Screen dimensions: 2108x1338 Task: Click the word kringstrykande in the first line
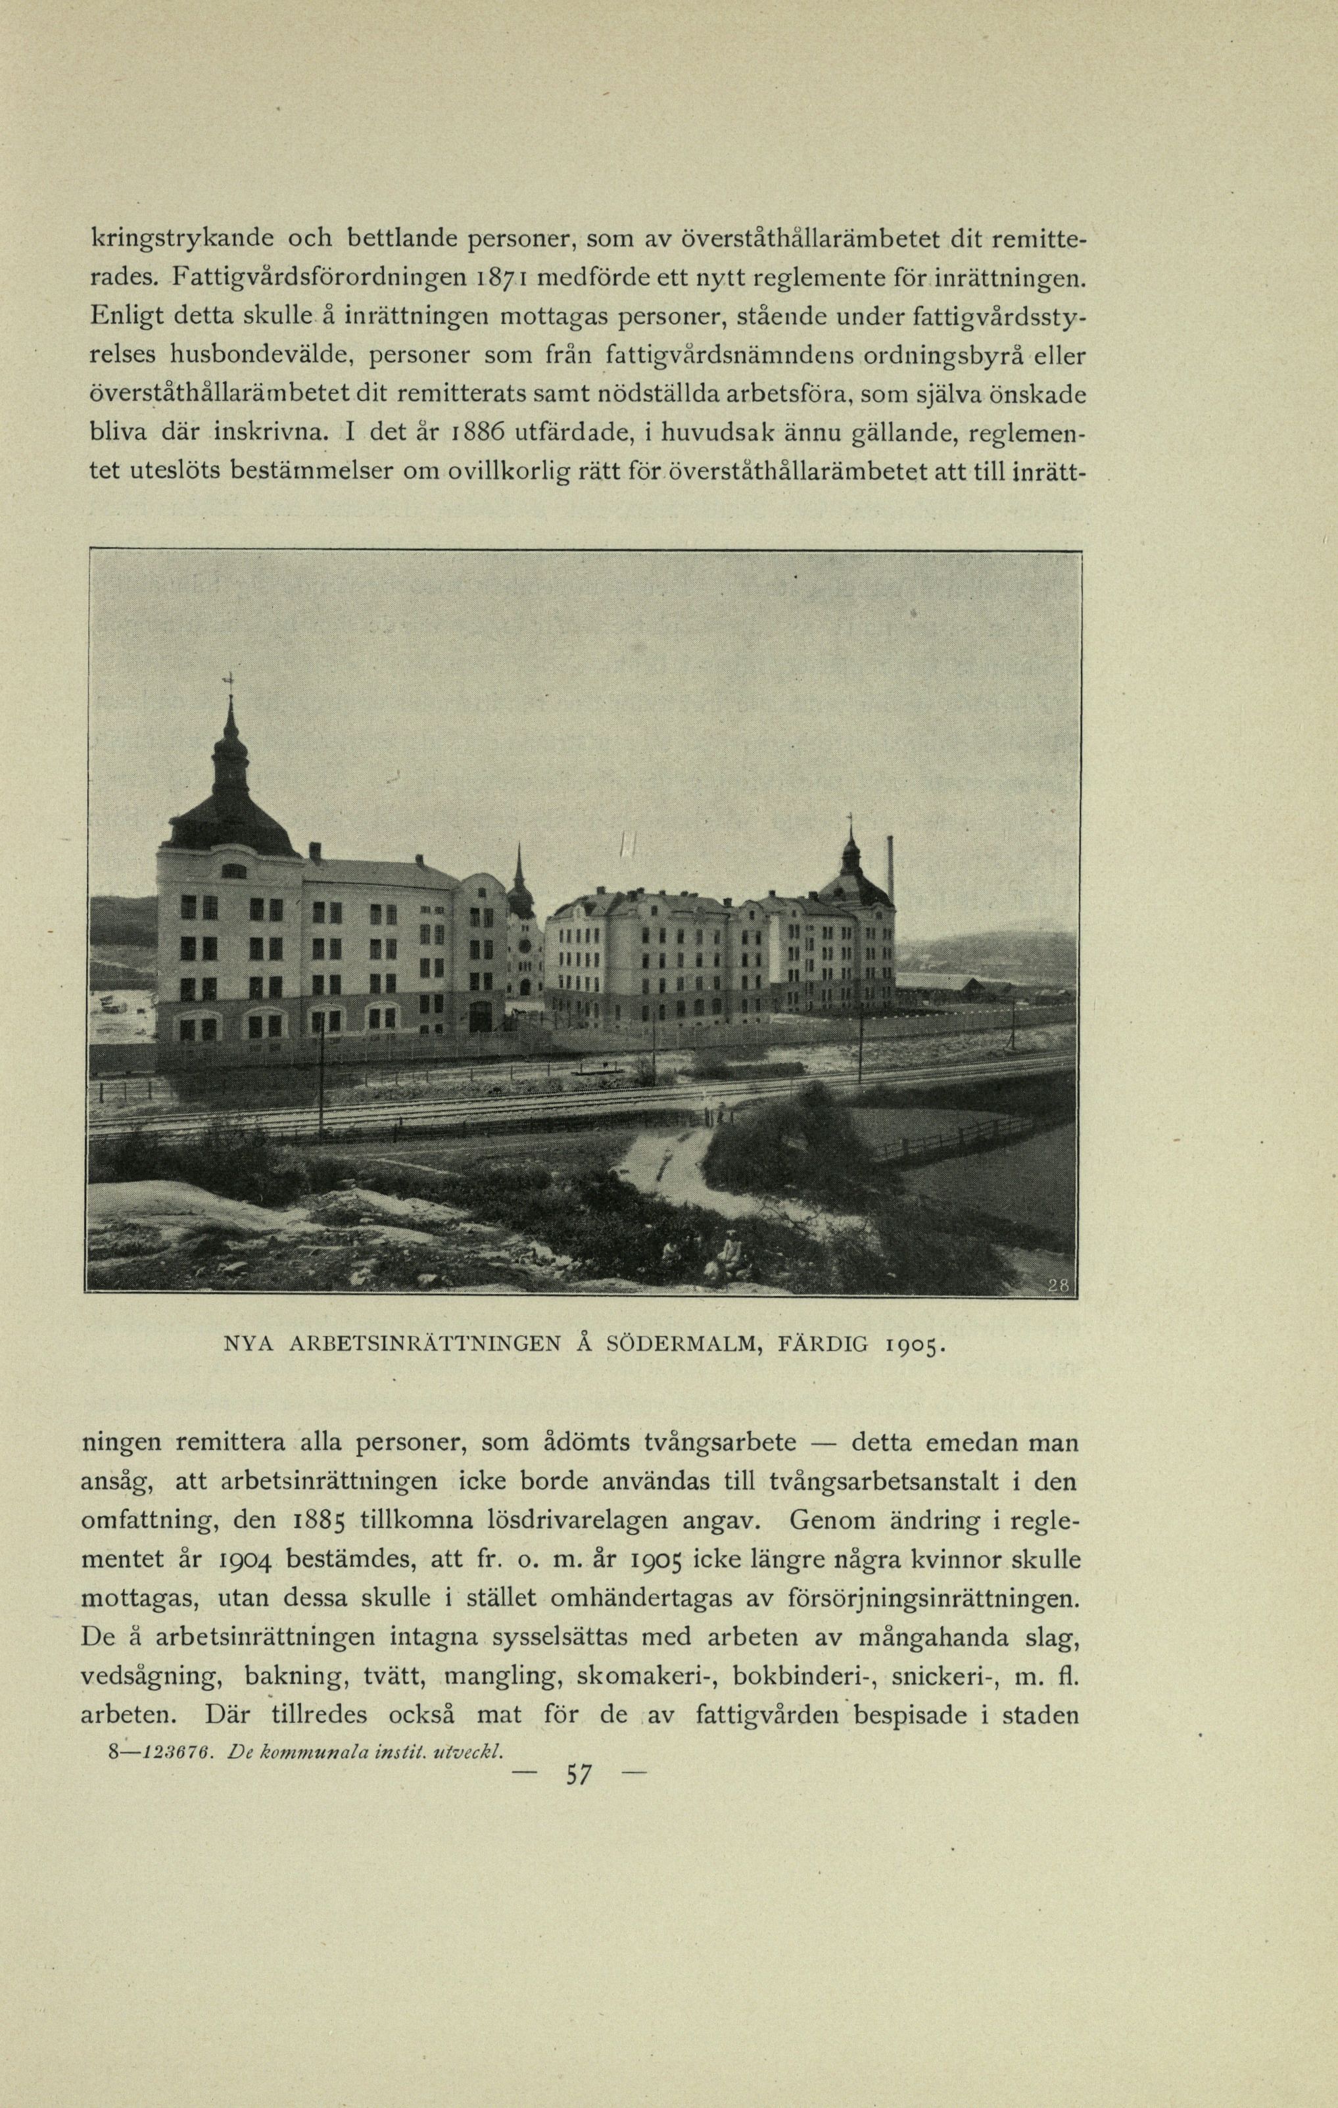tap(182, 239)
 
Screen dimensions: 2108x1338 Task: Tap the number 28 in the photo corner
tap(1058, 1285)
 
